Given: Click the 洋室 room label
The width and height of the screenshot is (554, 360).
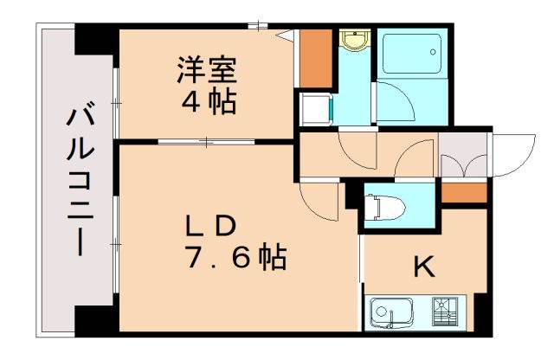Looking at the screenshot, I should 209,68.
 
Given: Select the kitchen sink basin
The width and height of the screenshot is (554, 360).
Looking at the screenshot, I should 391,311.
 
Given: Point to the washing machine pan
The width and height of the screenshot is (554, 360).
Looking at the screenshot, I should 313,110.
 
